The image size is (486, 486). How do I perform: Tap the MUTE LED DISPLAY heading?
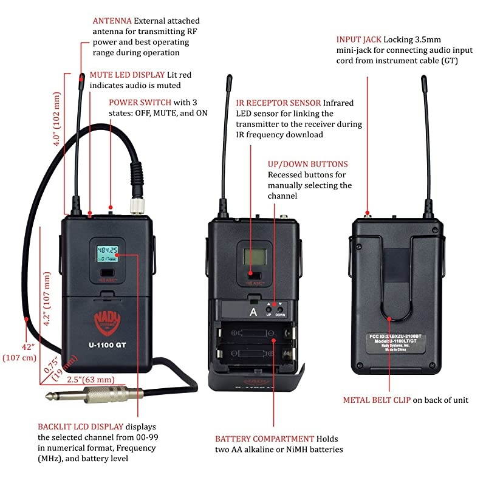tap(127, 75)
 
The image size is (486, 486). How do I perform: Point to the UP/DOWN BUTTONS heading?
tap(307, 164)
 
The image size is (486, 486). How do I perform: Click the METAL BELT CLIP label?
tap(377, 400)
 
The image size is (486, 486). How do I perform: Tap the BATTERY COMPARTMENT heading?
tap(264, 439)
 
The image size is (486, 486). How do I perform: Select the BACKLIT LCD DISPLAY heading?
tap(80, 426)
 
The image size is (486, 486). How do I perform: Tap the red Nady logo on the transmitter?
tap(107, 321)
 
